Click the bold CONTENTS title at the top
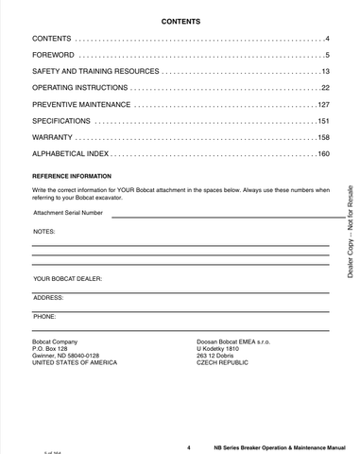point(180,20)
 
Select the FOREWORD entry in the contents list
point(56,55)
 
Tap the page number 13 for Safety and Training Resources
point(323,72)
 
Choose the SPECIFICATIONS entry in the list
point(61,121)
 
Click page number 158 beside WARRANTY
point(321,138)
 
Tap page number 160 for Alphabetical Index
point(321,154)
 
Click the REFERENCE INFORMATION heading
point(72,177)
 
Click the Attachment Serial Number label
point(68,214)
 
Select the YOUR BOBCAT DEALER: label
point(68,280)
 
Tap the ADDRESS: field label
point(48,298)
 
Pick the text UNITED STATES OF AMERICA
point(76,362)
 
